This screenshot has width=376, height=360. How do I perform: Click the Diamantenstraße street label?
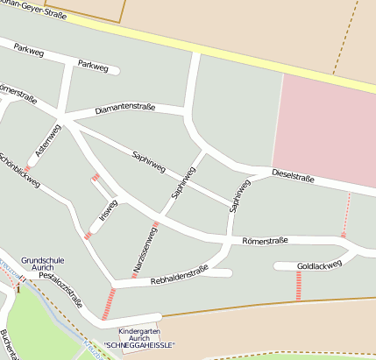tap(125, 108)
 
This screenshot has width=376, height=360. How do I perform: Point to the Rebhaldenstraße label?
tap(179, 274)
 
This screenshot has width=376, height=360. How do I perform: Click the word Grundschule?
tap(44, 260)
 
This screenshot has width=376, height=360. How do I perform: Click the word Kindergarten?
tap(141, 330)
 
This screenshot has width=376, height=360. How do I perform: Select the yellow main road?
tap(219, 53)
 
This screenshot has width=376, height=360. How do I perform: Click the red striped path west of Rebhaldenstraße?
tap(110, 303)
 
